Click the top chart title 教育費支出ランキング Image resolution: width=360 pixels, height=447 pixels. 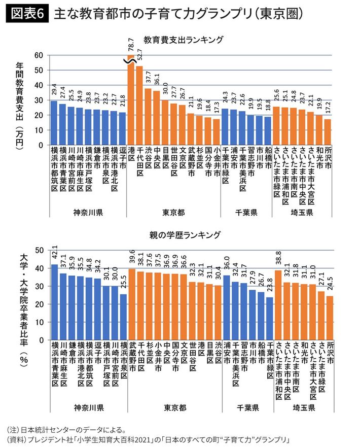pos(184,39)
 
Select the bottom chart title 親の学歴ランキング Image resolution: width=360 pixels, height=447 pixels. pos(184,235)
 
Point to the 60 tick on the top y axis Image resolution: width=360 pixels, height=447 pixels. pos(39,55)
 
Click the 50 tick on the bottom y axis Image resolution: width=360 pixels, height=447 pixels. pos(39,250)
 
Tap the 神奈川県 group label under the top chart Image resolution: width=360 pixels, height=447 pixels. pos(88,211)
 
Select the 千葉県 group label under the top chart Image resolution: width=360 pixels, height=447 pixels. pos(246,211)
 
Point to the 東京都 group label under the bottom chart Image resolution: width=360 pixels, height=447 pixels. pos(175,407)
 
